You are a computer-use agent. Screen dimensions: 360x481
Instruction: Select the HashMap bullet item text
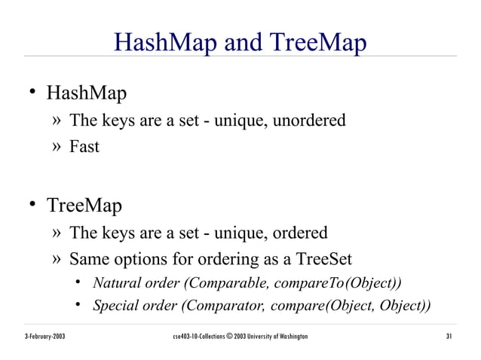pos(87,94)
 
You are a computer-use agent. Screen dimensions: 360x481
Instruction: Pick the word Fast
pos(84,147)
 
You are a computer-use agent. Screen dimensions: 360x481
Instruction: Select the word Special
pos(115,306)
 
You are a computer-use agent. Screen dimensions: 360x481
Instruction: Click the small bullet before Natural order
pos(78,284)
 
